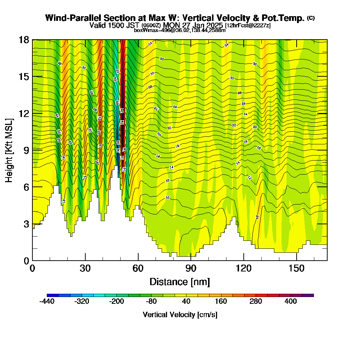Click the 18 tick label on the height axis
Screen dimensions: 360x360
click(24, 40)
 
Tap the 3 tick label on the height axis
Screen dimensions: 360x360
click(26, 224)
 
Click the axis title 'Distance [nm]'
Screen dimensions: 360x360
click(180, 282)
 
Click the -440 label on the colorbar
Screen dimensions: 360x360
click(47, 301)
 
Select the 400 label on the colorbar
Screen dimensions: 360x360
click(291, 301)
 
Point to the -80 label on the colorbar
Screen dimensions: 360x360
click(151, 301)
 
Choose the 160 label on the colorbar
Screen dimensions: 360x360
click(221, 301)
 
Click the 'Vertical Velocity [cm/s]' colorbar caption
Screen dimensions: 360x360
click(180, 315)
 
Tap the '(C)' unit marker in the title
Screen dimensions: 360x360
click(311, 18)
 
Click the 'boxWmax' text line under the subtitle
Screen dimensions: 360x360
click(180, 30)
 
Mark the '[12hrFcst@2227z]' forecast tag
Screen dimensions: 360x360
click(248, 26)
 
